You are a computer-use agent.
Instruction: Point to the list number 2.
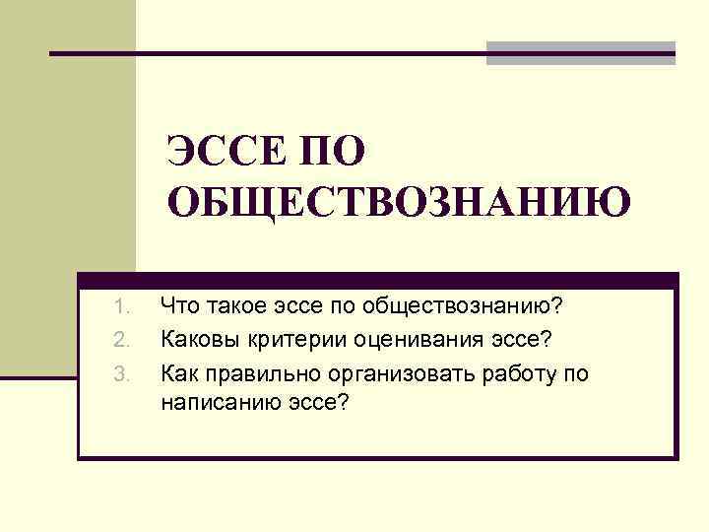[121, 340]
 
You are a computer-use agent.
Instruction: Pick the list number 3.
[121, 373]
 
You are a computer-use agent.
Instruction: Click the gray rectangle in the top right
[580, 53]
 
